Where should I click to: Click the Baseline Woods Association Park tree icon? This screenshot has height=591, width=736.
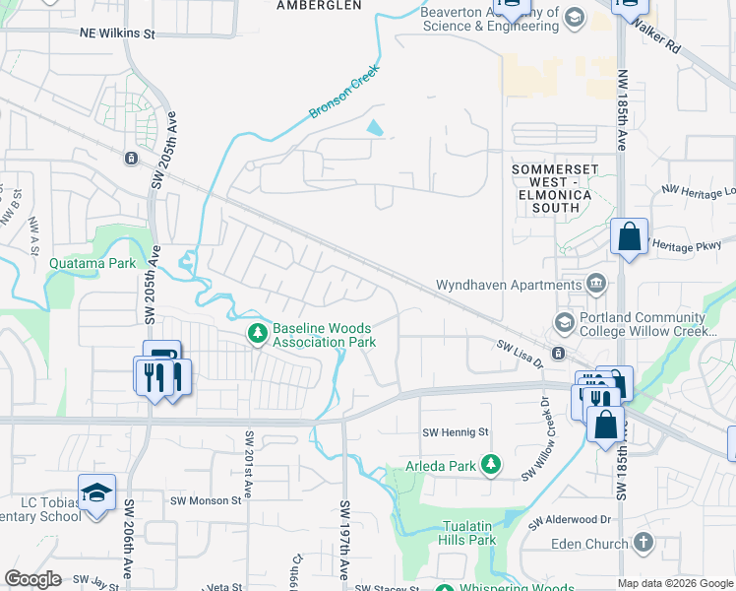pyautogui.click(x=257, y=334)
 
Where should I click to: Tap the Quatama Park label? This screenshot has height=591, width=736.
pyautogui.click(x=92, y=263)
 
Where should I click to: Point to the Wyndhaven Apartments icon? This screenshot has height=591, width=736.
pyautogui.click(x=595, y=285)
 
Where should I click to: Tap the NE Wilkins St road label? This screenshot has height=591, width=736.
pyautogui.click(x=117, y=33)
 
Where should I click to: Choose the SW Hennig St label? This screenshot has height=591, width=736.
pyautogui.click(x=456, y=432)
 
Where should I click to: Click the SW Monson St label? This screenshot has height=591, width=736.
pyautogui.click(x=208, y=500)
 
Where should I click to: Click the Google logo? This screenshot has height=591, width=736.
pyautogui.click(x=32, y=579)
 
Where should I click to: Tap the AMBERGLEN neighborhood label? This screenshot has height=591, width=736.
pyautogui.click(x=312, y=5)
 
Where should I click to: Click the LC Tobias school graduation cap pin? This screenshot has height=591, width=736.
pyautogui.click(x=96, y=492)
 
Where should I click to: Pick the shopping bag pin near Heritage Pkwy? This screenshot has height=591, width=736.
pyautogui.click(x=629, y=237)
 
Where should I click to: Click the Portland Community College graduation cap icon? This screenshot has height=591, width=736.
pyautogui.click(x=564, y=322)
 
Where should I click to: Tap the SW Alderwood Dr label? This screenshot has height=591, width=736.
pyautogui.click(x=570, y=520)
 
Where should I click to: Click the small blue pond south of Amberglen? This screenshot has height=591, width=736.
pyautogui.click(x=375, y=127)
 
